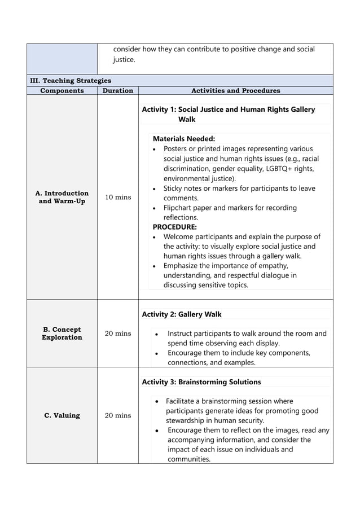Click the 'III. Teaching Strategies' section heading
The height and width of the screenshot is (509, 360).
point(71,81)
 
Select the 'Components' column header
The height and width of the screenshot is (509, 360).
point(62,90)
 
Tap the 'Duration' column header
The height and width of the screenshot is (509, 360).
point(117,90)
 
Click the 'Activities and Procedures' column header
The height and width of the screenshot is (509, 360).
point(235,90)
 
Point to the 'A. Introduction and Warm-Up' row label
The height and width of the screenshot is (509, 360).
point(62,197)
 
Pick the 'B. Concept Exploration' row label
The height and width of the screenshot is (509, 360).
point(62,334)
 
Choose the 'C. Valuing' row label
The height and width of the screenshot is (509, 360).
point(62,415)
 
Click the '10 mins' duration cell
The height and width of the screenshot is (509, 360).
point(117,197)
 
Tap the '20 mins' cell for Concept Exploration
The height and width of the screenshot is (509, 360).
point(117,334)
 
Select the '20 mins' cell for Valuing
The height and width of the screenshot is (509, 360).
point(117,415)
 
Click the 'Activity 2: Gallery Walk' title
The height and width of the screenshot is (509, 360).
point(182,314)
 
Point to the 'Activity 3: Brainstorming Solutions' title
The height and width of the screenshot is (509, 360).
point(201,382)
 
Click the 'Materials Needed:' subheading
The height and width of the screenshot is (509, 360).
point(184,138)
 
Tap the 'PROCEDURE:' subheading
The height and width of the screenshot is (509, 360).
point(175,227)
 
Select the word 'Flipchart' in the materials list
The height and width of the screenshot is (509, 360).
point(179,208)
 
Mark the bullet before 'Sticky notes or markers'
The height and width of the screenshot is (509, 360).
point(155,188)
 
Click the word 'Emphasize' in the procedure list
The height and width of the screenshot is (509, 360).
point(182,266)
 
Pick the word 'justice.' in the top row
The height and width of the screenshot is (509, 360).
point(124,59)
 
